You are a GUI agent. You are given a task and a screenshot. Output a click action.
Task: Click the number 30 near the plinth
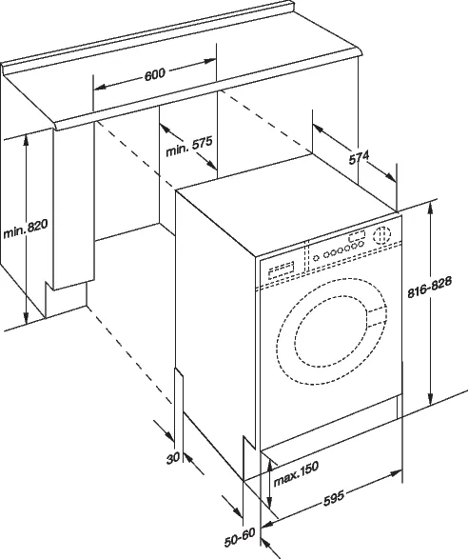[172, 457]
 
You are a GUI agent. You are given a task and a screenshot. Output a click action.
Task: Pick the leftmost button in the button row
[312, 255]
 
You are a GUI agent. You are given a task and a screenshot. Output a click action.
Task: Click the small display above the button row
[358, 237]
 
